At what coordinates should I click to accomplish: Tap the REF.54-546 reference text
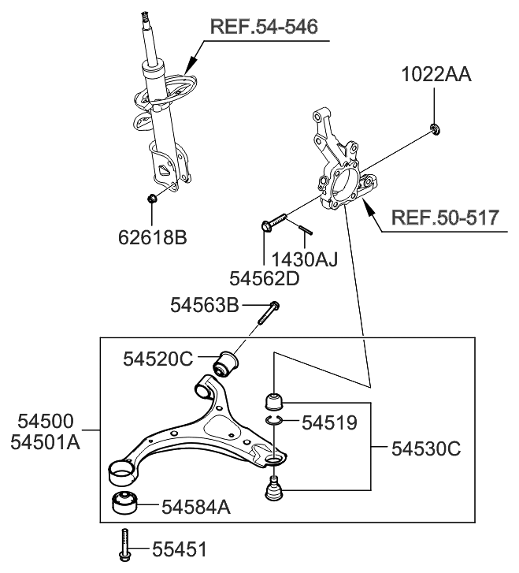pyautogui.click(x=264, y=28)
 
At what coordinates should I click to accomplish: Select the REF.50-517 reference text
pyautogui.click(x=445, y=218)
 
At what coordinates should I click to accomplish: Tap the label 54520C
pyautogui.click(x=158, y=359)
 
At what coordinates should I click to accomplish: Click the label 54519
pyautogui.click(x=330, y=422)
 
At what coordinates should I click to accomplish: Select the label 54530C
pyautogui.click(x=425, y=448)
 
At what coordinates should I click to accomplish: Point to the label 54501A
pyautogui.click(x=46, y=442)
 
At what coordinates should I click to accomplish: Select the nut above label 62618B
pyautogui.click(x=154, y=197)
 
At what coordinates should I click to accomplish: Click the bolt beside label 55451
pyautogui.click(x=124, y=546)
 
